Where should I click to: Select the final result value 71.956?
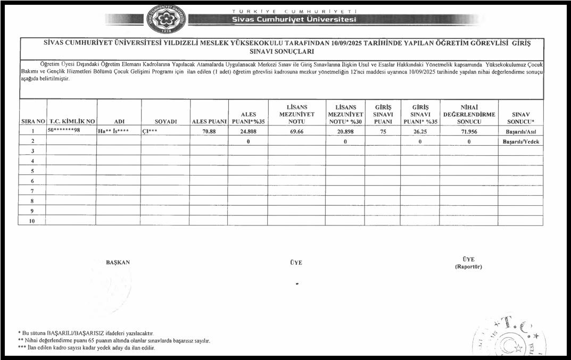[468, 131]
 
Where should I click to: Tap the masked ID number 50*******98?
[64, 130]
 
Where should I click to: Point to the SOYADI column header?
[165, 121]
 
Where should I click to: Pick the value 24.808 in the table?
[249, 131]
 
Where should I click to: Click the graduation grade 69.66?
[297, 131]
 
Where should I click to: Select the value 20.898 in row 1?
[345, 131]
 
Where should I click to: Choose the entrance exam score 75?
[383, 131]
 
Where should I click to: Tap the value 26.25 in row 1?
[420, 131]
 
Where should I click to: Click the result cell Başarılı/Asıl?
[520, 131]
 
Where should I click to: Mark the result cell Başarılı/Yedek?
[521, 142]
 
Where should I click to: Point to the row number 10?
[32, 221]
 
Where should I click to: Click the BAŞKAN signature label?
[118, 262]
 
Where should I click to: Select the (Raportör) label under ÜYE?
[468, 266]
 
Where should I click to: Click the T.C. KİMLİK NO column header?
[72, 121]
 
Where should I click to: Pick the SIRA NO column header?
[33, 121]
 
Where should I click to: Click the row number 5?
[32, 171]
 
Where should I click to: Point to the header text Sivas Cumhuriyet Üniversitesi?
[294, 20]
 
